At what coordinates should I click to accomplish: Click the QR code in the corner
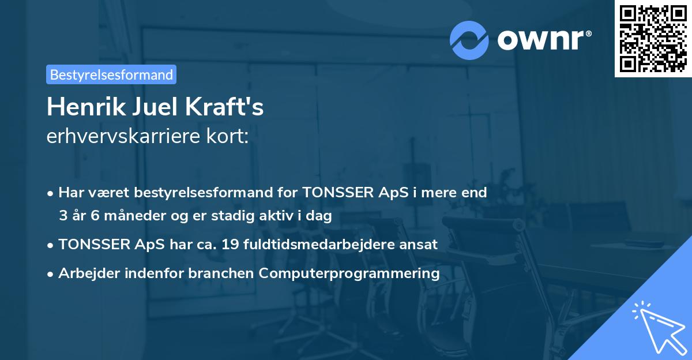653,39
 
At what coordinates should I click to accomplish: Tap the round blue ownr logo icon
469,40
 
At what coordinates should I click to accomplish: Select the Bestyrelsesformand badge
111,74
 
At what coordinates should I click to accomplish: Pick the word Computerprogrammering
349,273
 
